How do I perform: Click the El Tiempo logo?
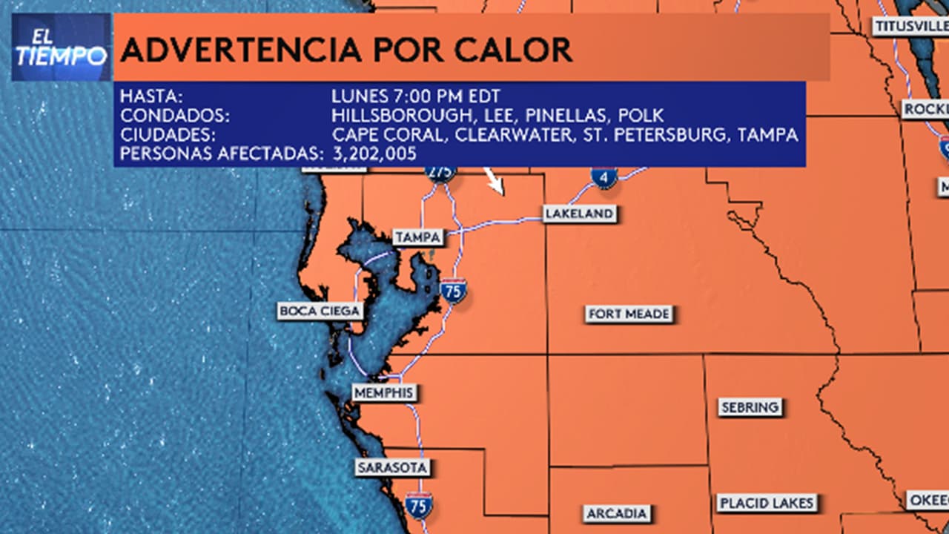(61, 47)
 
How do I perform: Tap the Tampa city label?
(418, 237)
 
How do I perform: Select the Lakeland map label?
(579, 214)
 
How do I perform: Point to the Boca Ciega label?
(320, 311)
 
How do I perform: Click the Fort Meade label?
(629, 314)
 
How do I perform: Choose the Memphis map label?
(384, 393)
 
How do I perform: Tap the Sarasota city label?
(392, 468)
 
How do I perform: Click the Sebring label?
(750, 407)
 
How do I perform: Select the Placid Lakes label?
(767, 503)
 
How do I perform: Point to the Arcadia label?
(617, 513)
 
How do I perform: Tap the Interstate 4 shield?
(604, 177)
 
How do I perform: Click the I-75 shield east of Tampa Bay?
(453, 290)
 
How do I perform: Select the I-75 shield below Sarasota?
(419, 507)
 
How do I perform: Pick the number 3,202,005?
(374, 154)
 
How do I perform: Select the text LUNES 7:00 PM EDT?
(416, 96)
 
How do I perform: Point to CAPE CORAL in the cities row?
(389, 135)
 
